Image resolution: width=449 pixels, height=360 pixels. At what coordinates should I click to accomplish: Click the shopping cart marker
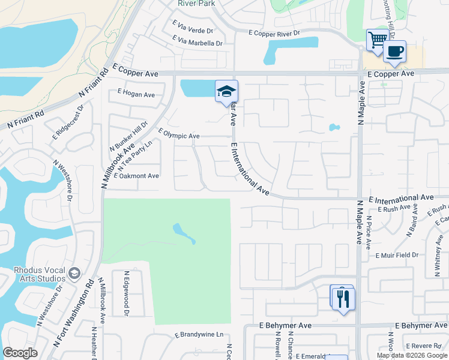pos(377,40)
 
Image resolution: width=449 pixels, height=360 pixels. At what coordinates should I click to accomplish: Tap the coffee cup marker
pos(394,52)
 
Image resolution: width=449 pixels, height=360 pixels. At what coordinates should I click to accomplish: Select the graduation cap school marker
pos(227,91)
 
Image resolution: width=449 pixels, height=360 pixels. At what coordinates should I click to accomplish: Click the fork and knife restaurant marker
pos(343,298)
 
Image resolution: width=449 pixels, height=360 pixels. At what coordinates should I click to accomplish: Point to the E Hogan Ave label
pos(136,94)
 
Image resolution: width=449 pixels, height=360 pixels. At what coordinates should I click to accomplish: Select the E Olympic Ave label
pos(178,136)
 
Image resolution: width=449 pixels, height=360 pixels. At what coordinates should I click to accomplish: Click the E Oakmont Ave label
pos(136,176)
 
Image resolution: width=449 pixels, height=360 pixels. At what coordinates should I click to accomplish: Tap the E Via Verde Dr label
pos(193,30)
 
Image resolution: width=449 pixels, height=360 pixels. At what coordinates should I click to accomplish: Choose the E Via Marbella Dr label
pos(197,43)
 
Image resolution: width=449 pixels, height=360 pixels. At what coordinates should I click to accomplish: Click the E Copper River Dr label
pos(274,33)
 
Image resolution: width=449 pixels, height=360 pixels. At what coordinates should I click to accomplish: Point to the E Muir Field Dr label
pos(397,255)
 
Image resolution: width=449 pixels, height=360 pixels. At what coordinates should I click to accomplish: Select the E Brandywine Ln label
pos(199,334)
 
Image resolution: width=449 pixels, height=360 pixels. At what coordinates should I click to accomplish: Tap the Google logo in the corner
pos(20,353)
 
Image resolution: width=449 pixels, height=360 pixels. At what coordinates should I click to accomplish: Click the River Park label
pos(196,3)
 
